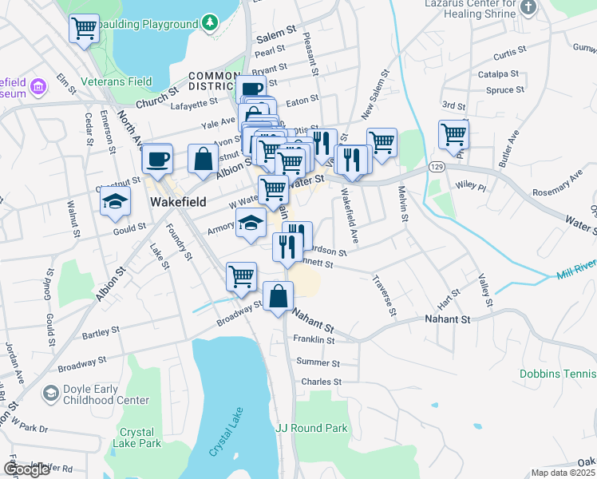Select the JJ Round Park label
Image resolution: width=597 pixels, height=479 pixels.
tap(312, 428)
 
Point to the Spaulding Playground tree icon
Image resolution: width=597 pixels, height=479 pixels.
tap(209, 23)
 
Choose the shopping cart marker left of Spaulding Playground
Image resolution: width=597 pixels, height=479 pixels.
tap(84, 30)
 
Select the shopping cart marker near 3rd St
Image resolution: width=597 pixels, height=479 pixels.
tap(453, 134)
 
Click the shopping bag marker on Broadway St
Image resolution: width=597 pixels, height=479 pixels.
tap(278, 297)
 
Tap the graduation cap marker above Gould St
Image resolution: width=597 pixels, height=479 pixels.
tap(116, 201)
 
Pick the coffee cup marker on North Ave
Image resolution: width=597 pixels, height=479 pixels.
tap(158, 158)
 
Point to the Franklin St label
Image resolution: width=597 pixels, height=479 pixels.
tap(314, 339)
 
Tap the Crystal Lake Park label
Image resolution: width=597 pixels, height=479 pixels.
tap(140, 437)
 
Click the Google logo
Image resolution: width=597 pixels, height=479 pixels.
tap(26, 469)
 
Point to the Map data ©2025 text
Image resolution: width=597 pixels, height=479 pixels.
tap(563, 473)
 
